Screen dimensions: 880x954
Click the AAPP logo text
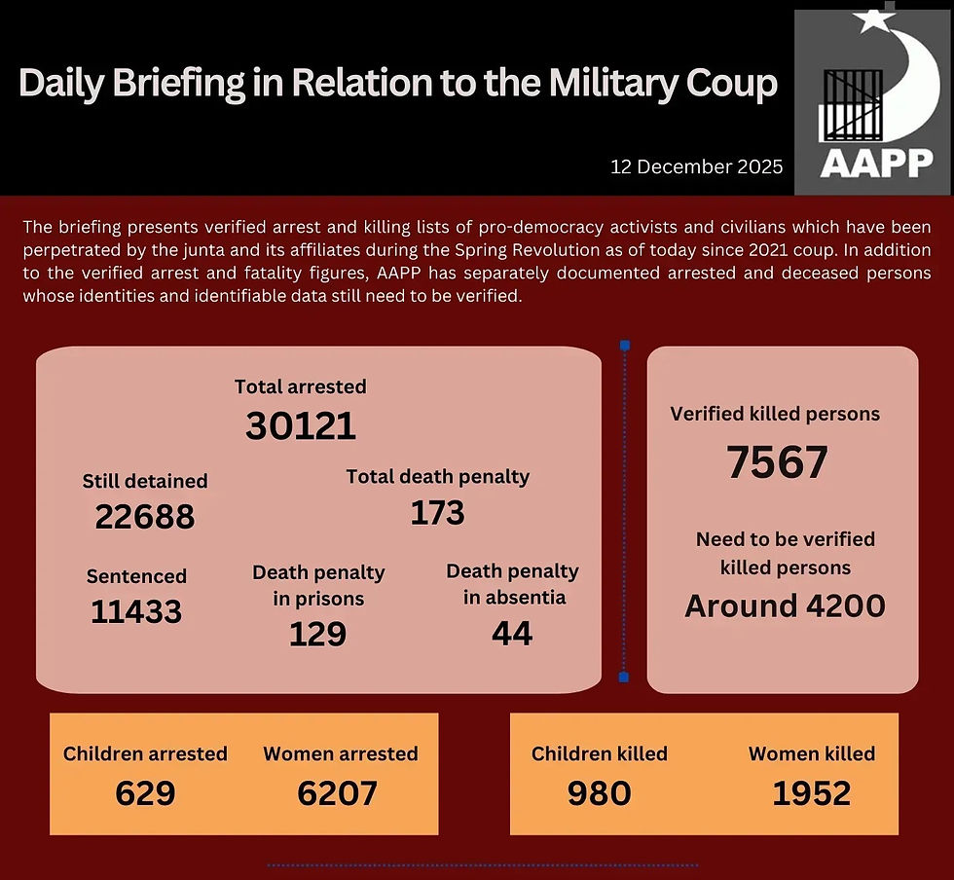click(876, 162)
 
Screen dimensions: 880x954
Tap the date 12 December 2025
click(696, 166)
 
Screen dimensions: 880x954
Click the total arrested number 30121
click(300, 425)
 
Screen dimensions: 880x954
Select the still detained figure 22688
click(144, 517)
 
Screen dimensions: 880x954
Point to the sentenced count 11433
click(136, 611)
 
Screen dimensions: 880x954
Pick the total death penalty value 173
click(437, 512)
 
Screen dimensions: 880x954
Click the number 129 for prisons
click(317, 634)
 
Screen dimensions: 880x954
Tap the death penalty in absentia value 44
click(512, 634)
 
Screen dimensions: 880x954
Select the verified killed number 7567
click(777, 462)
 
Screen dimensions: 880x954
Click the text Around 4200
click(785, 605)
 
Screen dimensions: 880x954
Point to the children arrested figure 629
click(145, 793)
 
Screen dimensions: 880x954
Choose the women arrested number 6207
click(337, 793)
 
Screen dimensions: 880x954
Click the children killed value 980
click(599, 793)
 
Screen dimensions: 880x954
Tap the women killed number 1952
click(811, 793)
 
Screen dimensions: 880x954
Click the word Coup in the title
click(727, 84)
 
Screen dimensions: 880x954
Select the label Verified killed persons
click(775, 414)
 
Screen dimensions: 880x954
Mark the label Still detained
click(144, 481)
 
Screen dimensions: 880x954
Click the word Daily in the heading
click(60, 84)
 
